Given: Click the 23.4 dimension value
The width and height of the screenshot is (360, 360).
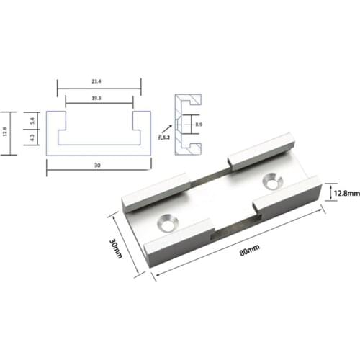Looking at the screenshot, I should point(98,81).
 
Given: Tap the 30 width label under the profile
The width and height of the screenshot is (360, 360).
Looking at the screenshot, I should point(98,166).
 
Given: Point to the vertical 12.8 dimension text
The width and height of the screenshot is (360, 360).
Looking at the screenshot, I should point(6,132).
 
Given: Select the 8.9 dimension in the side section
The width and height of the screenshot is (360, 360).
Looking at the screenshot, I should point(198,125).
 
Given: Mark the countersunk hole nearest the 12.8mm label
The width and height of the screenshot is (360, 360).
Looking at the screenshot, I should point(272,179).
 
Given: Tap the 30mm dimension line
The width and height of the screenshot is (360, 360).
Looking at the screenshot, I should point(124,243).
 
